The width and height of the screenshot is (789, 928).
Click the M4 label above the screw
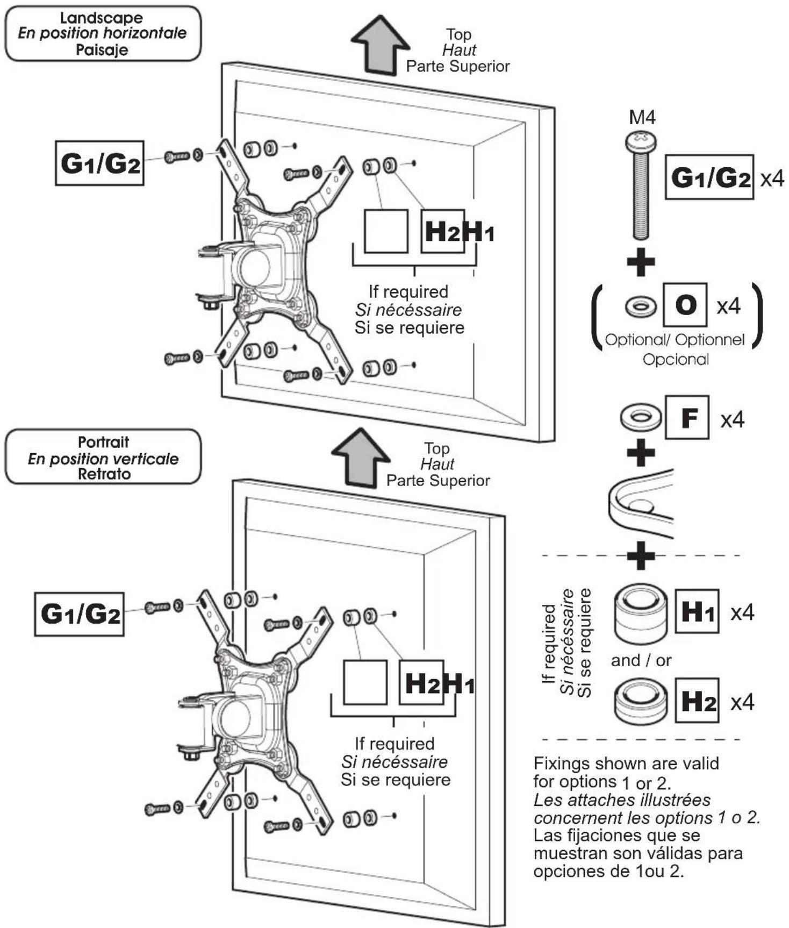(x=642, y=117)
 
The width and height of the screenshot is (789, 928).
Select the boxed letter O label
(x=685, y=305)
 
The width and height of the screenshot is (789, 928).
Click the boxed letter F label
(x=687, y=417)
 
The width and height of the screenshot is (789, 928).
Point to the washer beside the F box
(x=640, y=417)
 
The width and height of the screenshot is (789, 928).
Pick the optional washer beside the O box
(x=641, y=307)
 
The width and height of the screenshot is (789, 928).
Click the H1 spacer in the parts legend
(x=641, y=613)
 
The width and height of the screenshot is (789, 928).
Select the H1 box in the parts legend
(x=697, y=611)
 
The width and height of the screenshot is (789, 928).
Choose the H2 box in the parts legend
(x=697, y=701)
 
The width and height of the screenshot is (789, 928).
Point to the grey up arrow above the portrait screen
(x=360, y=458)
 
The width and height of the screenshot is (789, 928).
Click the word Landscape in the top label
(x=102, y=18)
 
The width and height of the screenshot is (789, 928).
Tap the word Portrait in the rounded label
(x=103, y=442)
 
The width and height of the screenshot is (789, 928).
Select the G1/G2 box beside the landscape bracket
(x=100, y=163)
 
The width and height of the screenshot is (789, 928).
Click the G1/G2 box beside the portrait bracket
(x=80, y=614)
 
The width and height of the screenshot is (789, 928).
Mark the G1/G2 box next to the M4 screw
(x=709, y=177)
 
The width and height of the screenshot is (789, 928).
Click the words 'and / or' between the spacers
(x=641, y=660)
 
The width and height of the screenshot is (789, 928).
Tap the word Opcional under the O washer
(x=676, y=359)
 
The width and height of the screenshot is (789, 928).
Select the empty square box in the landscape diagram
(x=386, y=231)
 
